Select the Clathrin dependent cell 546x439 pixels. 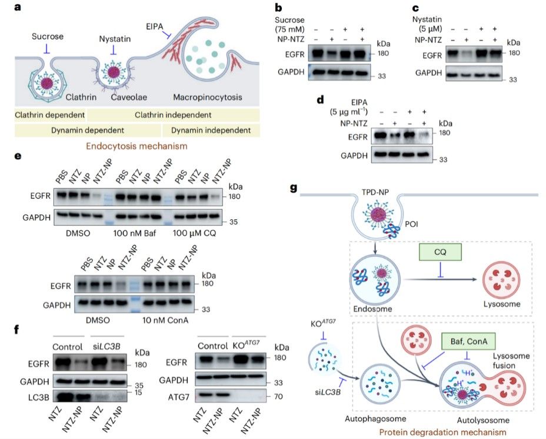click(x=50, y=115)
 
